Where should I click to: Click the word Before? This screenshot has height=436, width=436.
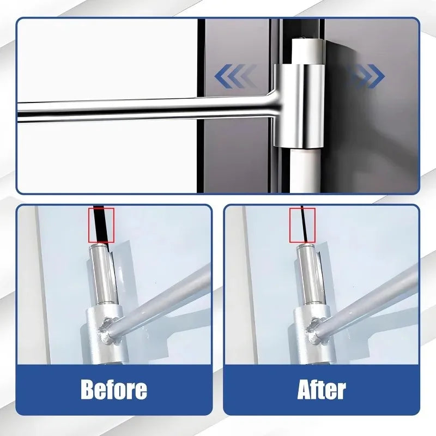114,389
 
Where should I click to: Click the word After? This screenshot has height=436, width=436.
322,389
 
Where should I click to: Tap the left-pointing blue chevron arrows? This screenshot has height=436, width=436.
234,76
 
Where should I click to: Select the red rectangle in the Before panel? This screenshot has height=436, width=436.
101,225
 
